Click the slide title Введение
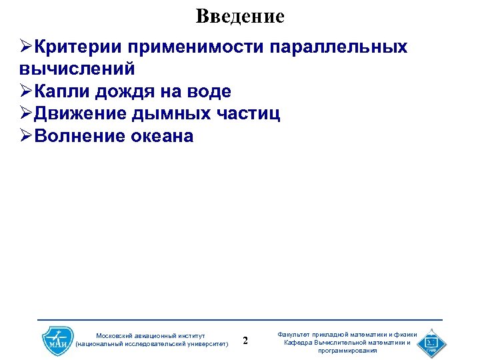(x=240, y=16)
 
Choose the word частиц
(x=247, y=114)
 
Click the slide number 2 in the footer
(x=245, y=341)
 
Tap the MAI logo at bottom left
(x=57, y=340)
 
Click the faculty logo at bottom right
(x=431, y=340)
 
